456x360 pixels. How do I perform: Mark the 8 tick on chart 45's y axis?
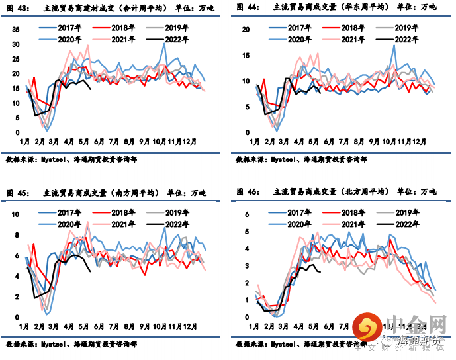point(19,235)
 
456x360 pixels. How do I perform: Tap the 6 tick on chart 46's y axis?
point(246,215)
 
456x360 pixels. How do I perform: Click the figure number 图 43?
point(17,7)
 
